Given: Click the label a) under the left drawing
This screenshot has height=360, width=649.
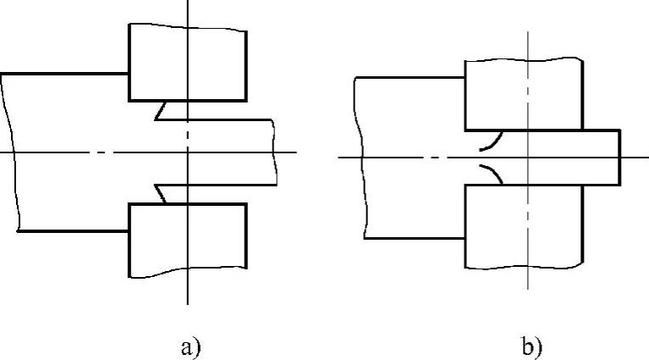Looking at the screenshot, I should [x=189, y=347].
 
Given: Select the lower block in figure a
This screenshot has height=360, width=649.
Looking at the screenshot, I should [x=187, y=241].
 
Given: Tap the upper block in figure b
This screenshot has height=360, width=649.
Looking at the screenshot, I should [x=524, y=94].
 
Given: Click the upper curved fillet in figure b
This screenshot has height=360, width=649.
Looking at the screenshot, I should [x=490, y=140].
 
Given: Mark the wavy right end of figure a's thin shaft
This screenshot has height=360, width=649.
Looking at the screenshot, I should [x=275, y=152].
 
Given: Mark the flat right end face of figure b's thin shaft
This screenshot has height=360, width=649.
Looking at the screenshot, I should [x=620, y=158].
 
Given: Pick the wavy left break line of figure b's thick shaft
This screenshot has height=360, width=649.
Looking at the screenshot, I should [x=362, y=158].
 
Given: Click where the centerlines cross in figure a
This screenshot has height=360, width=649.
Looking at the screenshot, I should [x=188, y=152].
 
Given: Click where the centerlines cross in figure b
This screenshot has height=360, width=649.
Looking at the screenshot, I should [x=527, y=158].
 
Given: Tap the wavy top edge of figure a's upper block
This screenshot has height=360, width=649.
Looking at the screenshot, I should [x=187, y=28].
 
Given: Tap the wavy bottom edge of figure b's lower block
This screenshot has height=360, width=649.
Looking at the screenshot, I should [x=524, y=266].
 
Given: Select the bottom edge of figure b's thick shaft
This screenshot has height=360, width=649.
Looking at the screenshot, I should [x=415, y=238].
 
